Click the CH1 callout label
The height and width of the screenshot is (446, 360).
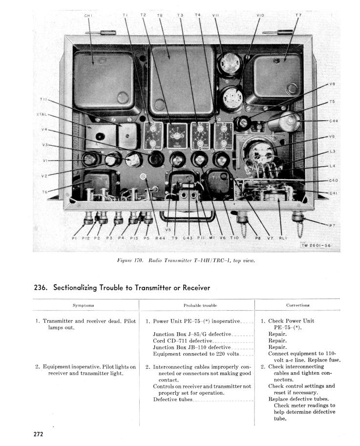[x=88, y=16]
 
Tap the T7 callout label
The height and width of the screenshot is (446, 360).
[x=298, y=16]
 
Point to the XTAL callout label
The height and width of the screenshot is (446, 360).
[x=42, y=114]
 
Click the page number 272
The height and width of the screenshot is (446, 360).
[x=39, y=433]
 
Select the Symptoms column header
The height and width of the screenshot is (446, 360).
[x=83, y=305]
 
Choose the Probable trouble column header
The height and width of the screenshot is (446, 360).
[x=200, y=305]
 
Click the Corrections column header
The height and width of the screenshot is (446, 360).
[x=297, y=305]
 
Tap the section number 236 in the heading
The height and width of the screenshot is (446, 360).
[x=41, y=287]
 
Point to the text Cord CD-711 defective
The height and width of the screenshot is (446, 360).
[x=183, y=340]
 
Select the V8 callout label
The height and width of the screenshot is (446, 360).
[x=332, y=84]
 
